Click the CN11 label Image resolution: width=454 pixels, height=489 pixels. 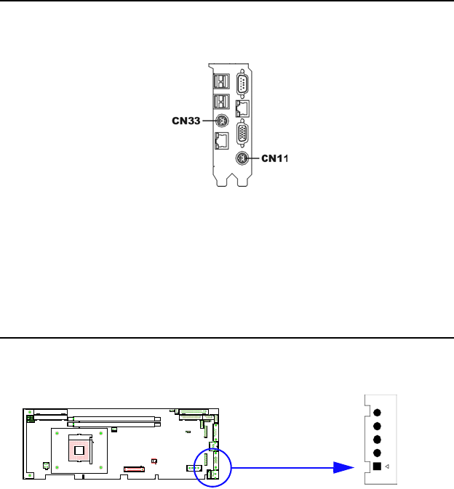(275, 158)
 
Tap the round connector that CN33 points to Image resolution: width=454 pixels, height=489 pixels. (223, 121)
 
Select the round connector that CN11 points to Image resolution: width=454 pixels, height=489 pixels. (241, 158)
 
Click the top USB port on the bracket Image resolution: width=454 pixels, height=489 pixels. (222, 82)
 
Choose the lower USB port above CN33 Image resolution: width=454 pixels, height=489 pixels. (222, 101)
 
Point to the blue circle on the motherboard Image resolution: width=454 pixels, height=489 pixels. (211, 466)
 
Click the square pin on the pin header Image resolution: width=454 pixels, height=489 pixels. (377, 466)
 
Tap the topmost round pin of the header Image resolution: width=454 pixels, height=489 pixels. (377, 412)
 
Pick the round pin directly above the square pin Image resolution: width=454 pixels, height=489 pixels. (377, 452)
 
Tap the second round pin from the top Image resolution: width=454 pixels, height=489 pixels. (377, 426)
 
